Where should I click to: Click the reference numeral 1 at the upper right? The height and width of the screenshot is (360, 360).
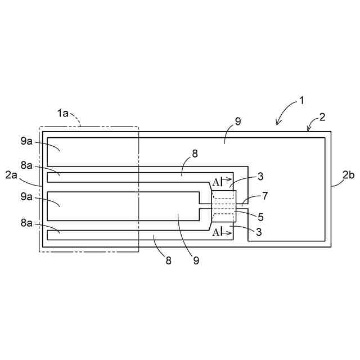(301, 101)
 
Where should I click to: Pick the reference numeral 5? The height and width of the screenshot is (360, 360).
(260, 217)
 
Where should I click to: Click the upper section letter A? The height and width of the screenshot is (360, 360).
(215, 182)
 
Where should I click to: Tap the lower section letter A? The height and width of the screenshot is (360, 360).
(215, 232)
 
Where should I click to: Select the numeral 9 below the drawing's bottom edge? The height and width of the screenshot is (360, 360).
(196, 260)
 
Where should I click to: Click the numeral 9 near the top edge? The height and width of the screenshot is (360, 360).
(238, 121)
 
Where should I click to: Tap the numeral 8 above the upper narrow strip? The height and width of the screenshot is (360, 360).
(195, 152)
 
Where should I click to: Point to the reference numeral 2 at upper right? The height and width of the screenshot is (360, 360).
(322, 118)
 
